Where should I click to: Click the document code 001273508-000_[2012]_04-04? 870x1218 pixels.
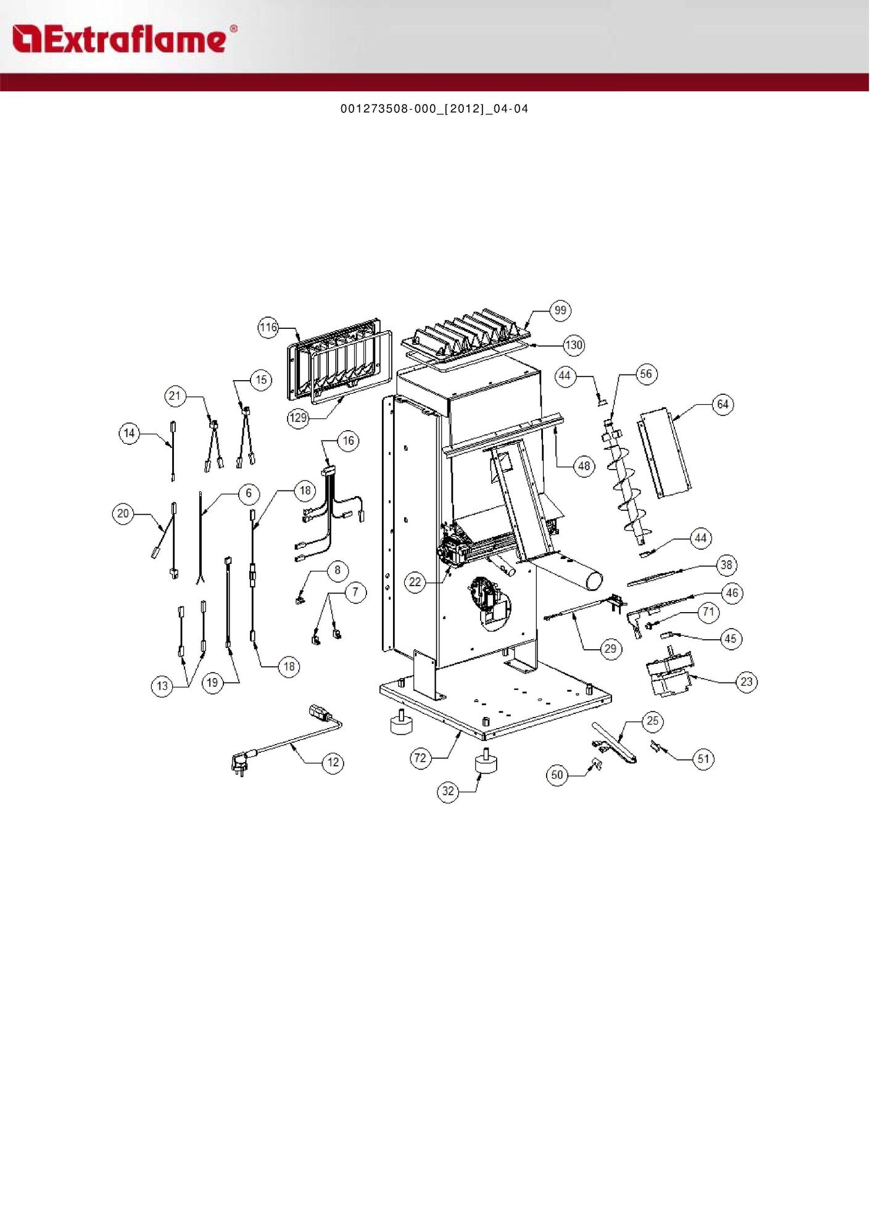pos(434,109)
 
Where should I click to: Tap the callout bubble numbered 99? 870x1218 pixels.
pos(560,310)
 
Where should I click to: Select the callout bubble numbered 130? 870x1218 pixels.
pos(574,345)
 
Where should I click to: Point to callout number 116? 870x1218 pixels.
pos(268,327)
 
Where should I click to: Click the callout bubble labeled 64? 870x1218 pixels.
pos(723,405)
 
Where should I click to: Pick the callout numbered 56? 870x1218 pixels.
pos(646,374)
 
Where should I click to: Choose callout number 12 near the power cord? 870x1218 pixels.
pos(333,763)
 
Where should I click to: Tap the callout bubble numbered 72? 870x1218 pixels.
pos(420,758)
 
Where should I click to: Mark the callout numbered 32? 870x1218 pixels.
pos(449,791)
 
